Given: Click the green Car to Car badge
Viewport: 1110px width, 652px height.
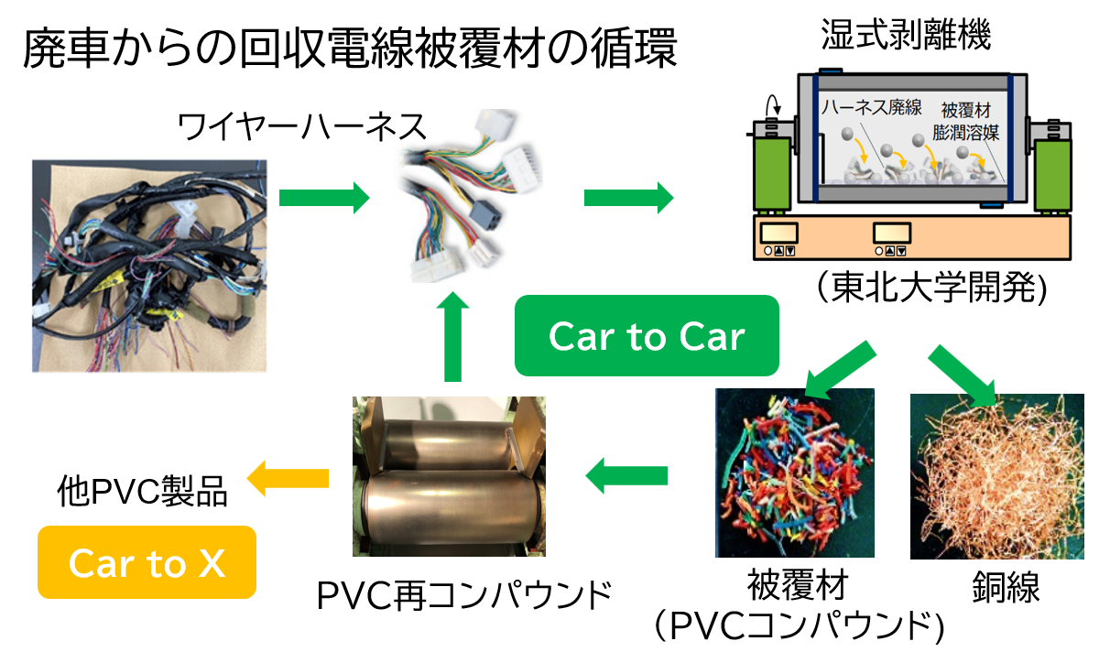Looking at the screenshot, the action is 647,335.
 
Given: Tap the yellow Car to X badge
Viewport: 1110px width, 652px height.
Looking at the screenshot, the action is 147,562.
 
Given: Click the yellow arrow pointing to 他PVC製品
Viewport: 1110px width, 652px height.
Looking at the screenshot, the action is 288,478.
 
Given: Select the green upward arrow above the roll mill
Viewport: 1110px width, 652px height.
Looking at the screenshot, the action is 452,337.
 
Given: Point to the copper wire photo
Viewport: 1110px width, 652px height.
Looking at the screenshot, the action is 997,476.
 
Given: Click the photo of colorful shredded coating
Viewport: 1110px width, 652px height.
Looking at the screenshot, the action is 795,473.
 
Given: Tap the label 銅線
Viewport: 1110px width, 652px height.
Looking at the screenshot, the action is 1006,587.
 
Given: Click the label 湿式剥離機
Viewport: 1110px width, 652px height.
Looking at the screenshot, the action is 906,35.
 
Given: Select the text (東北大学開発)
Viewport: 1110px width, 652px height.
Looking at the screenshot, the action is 932,287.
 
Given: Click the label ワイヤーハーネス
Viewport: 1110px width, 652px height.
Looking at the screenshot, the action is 302,127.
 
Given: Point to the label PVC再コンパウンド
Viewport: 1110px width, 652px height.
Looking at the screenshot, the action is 463,595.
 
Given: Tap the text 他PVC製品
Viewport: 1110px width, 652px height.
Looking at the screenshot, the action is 142,491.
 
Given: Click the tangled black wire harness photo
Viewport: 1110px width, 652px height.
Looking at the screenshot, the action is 149,266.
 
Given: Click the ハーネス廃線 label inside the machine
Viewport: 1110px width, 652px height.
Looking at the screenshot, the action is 872,107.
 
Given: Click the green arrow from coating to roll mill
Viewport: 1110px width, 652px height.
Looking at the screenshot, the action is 626,475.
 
